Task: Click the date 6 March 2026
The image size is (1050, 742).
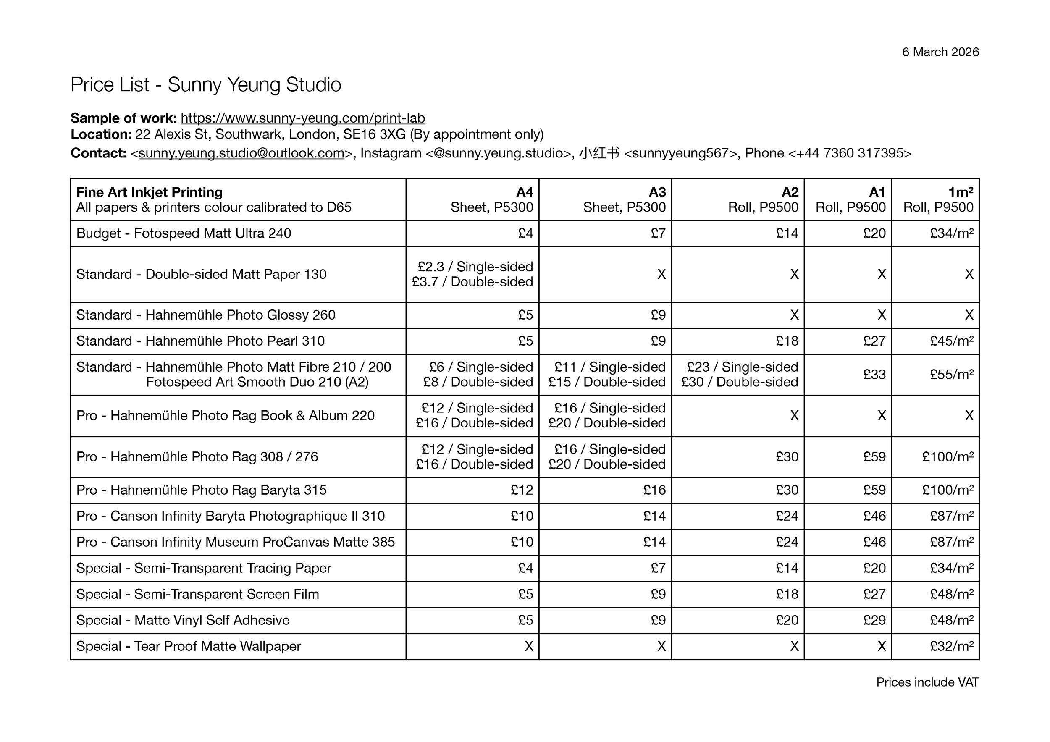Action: tap(940, 52)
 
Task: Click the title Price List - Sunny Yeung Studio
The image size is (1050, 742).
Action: tap(206, 84)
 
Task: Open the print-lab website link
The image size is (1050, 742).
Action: tap(303, 118)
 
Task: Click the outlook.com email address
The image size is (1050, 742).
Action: tap(241, 153)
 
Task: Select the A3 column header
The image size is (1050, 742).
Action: tap(657, 192)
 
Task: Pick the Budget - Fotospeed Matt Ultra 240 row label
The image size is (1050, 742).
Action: tap(184, 233)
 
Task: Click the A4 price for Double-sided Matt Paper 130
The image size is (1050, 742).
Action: tap(473, 274)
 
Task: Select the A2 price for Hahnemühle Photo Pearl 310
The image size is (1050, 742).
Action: tap(787, 341)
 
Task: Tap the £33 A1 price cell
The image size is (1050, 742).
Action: tap(874, 375)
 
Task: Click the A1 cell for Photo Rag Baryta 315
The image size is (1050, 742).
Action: tap(874, 490)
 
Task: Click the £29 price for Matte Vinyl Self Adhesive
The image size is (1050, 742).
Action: tap(874, 620)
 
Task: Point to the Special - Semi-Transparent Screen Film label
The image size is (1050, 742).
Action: tap(197, 594)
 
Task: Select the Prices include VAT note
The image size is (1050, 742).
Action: tap(927, 682)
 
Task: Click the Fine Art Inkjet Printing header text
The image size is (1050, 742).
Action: tap(149, 192)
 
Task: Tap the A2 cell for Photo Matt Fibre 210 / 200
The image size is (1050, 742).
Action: tap(740, 375)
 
